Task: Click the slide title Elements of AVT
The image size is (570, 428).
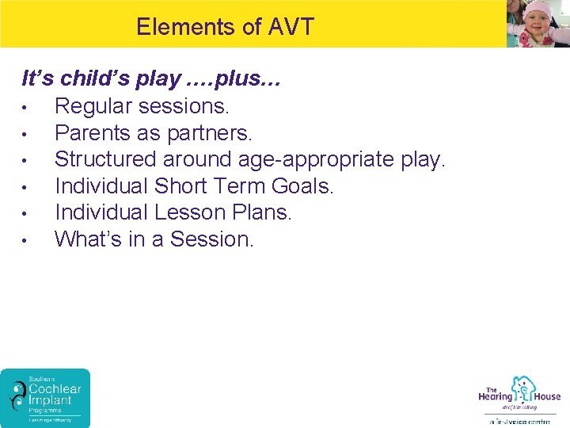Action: pos(225,27)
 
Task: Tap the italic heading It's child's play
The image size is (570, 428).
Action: pos(101,79)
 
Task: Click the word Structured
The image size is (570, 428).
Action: pos(105,159)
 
